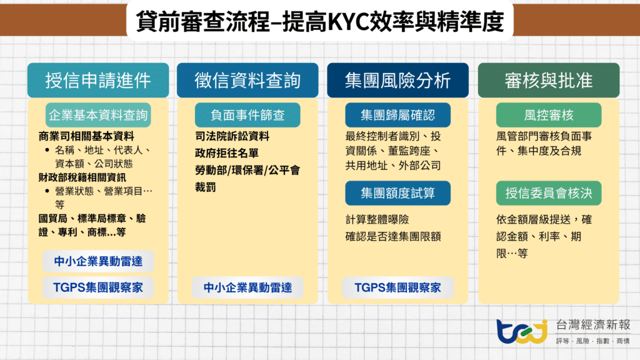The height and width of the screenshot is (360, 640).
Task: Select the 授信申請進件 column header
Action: click(98, 81)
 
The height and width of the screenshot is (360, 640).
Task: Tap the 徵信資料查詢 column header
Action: click(247, 81)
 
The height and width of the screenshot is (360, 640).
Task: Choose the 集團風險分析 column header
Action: click(397, 81)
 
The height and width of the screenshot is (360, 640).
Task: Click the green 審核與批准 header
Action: click(548, 81)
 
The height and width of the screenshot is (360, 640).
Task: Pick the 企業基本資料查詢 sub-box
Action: click(98, 115)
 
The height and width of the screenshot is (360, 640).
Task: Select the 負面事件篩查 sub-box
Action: click(247, 115)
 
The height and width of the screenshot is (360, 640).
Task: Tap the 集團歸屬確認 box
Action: click(397, 115)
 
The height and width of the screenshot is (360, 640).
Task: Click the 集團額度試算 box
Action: click(397, 193)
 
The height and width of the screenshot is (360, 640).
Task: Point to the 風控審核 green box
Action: click(548, 115)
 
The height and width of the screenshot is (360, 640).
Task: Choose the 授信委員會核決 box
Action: click(548, 193)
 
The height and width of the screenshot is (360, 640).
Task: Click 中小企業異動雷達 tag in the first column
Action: click(98, 261)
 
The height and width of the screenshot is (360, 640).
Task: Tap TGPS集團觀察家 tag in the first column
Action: click(98, 287)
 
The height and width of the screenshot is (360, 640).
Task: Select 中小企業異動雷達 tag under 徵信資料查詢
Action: click(247, 287)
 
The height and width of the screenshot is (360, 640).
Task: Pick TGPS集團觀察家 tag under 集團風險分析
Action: click(397, 287)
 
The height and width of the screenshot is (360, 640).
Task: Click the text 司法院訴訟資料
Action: click(232, 136)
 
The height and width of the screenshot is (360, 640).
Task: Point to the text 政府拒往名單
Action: click(227, 153)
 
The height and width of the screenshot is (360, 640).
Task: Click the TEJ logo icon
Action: click(521, 331)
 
